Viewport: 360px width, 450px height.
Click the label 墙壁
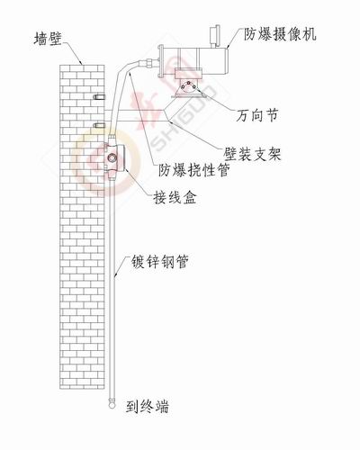point(48,39)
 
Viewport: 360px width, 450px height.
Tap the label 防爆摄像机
point(280,34)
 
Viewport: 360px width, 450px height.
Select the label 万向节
point(257,115)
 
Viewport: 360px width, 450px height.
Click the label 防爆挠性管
point(194,170)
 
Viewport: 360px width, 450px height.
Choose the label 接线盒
point(175,197)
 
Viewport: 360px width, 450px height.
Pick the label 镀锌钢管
point(160,261)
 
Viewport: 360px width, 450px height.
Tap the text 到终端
point(148,407)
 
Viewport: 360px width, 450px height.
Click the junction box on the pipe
point(113,157)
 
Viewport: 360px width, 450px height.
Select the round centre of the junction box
point(112,157)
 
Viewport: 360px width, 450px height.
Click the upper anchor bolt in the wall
point(99,97)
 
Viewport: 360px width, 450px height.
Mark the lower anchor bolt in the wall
point(99,124)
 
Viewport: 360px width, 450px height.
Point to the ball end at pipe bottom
point(112,403)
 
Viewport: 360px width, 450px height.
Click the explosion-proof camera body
point(195,61)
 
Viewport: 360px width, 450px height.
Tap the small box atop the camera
point(215,36)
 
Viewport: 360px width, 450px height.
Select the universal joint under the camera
point(188,86)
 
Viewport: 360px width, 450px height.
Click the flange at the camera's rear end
point(161,61)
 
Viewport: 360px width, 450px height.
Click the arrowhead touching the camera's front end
point(228,47)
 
